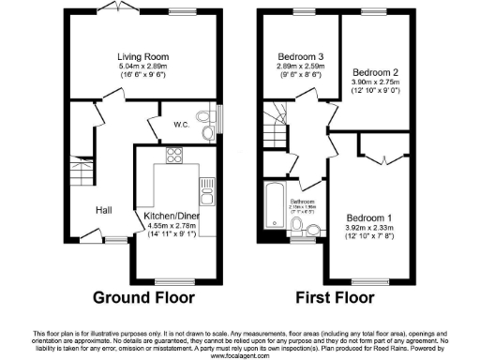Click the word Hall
(x=103, y=210)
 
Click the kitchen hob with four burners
(x=173, y=155)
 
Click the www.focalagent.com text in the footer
(x=239, y=355)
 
